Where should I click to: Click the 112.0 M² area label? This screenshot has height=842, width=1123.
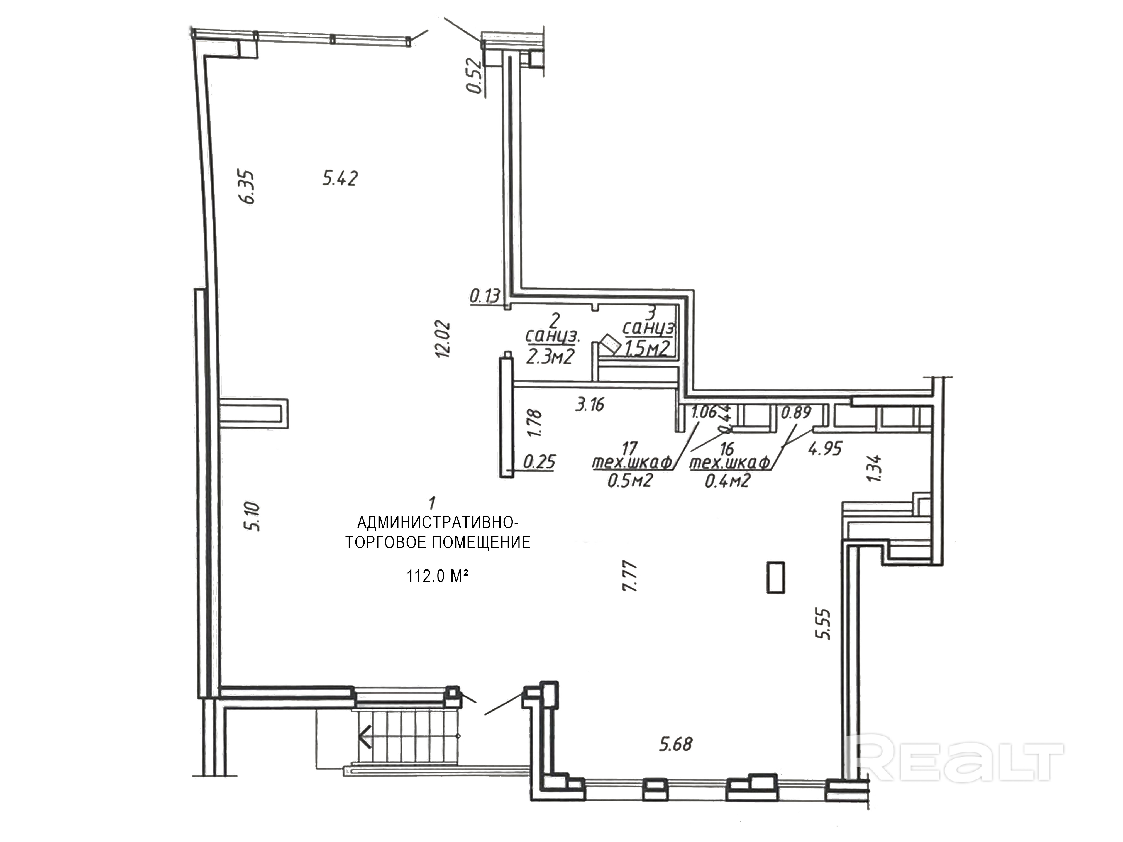(x=437, y=576)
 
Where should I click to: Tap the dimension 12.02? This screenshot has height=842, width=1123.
(x=443, y=339)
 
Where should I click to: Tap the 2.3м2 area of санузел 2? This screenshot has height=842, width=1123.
(x=550, y=357)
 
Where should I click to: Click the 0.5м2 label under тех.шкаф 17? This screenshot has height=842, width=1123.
(x=629, y=480)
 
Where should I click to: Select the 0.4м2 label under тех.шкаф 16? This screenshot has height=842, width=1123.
(x=727, y=480)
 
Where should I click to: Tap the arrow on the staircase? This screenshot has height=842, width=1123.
(x=365, y=737)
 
